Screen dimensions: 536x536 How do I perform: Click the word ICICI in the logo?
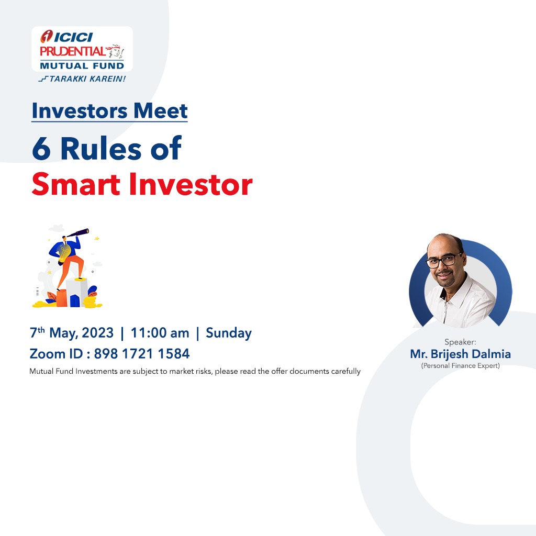tap(73, 37)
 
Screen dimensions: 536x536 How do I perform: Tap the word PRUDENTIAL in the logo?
tap(72, 52)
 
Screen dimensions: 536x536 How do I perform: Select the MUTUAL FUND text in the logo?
tap(82, 65)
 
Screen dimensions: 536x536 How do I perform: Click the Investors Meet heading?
tap(110, 111)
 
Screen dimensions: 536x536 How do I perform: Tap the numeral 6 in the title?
tap(41, 148)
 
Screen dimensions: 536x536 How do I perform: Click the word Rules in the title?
tap(101, 148)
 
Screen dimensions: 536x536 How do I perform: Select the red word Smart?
tap(76, 185)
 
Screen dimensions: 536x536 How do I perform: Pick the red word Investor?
tap(191, 185)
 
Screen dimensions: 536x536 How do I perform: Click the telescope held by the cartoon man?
tap(77, 233)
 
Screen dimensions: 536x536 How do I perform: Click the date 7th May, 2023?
tap(71, 332)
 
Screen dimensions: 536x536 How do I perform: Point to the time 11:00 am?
tap(160, 333)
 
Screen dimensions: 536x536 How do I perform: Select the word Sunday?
tap(229, 333)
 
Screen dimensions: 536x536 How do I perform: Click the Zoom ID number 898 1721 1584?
tap(142, 354)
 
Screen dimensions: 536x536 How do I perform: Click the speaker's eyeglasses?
tap(444, 261)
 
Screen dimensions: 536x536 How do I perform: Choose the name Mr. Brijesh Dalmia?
tap(461, 354)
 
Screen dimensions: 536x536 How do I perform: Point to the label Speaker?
tap(460, 342)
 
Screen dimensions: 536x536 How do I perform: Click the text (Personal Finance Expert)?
tap(461, 366)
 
